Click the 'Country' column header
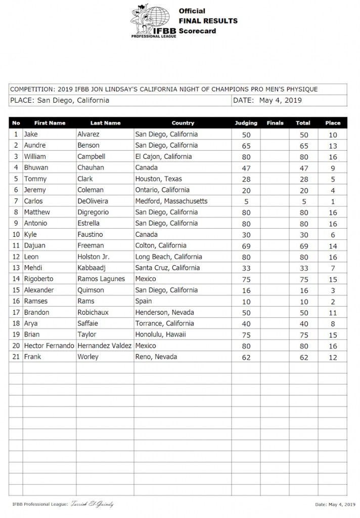click(183, 123)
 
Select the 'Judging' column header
click(246, 123)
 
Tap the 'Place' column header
click(333, 123)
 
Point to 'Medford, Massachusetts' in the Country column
click(171, 201)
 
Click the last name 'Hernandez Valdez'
click(104, 346)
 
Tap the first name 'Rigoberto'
click(40, 279)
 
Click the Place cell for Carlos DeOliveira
click(333, 201)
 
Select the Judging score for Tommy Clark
click(246, 179)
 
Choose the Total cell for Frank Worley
click(303, 357)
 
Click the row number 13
click(16, 268)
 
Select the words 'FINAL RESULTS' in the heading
click(207, 21)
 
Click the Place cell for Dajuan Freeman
click(333, 246)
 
